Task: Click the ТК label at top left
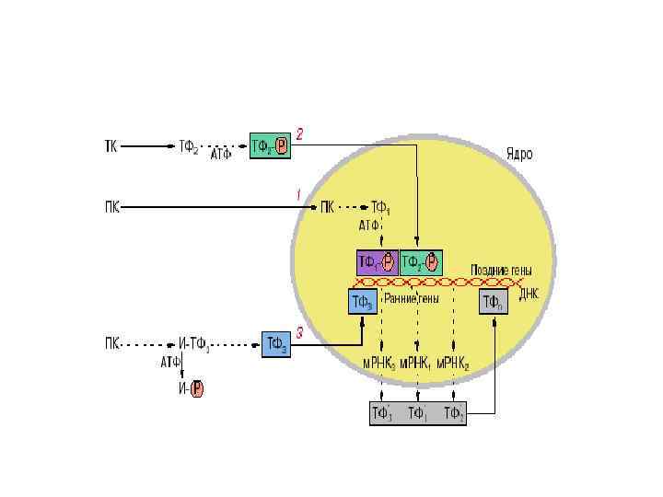[109, 145]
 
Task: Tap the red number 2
[299, 134]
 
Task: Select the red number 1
[297, 194]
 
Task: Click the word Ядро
[518, 155]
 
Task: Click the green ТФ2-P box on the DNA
[421, 262]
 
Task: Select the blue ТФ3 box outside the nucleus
[276, 344]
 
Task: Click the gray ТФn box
[494, 300]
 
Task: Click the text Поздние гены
[501, 270]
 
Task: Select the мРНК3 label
[378, 364]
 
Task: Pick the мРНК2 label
[453, 364]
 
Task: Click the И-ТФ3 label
[195, 344]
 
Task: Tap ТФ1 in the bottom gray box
[417, 413]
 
